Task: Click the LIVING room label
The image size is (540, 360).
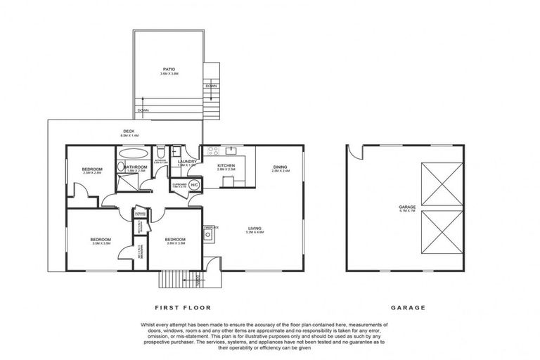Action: click(255, 228)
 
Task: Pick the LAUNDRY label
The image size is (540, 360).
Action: click(187, 162)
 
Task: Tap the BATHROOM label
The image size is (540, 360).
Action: click(135, 167)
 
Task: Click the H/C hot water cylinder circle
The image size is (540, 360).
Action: click(194, 184)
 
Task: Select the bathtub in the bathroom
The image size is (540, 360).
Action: click(132, 153)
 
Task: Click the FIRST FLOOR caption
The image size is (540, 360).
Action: click(182, 307)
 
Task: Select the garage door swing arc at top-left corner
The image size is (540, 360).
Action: click(354, 153)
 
